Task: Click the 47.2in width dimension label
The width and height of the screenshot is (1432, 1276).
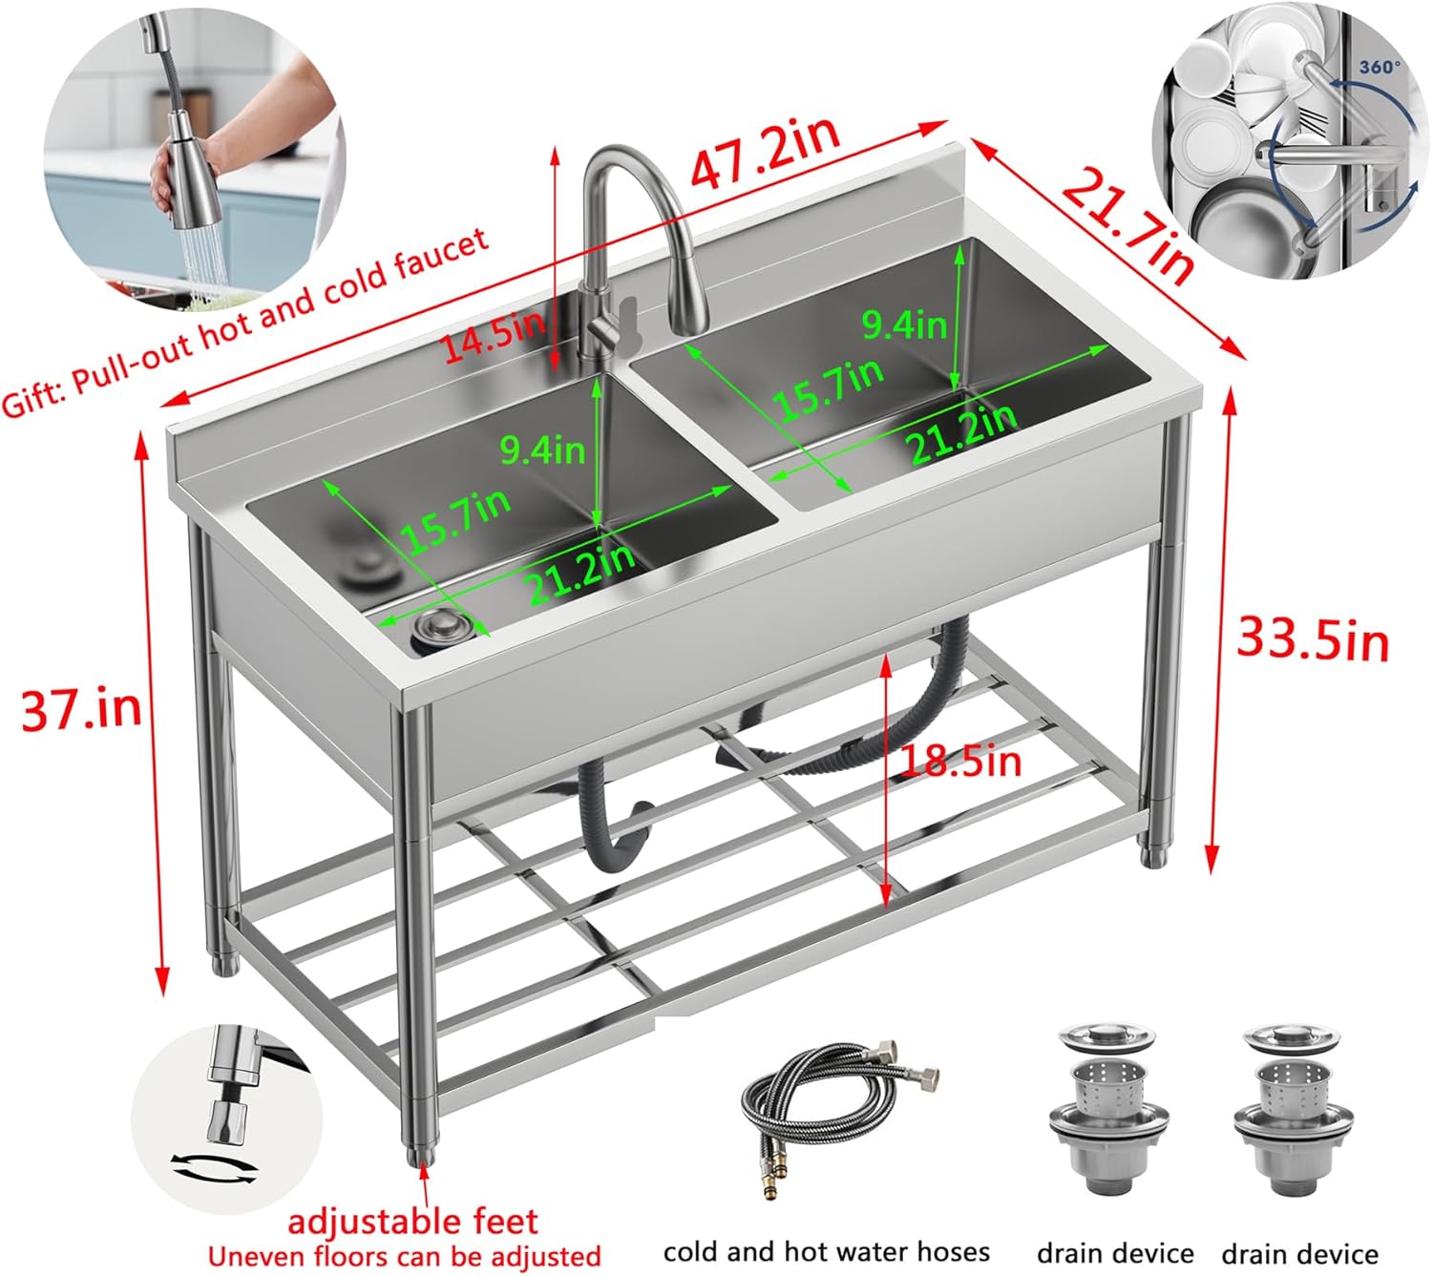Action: [x=765, y=152]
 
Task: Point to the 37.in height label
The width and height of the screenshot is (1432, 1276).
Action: [x=81, y=708]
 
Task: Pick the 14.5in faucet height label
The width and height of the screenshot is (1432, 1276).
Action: [x=493, y=336]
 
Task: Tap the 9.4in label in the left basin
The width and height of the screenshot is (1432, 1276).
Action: [x=542, y=449]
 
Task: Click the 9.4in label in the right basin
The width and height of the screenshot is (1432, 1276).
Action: [x=904, y=325]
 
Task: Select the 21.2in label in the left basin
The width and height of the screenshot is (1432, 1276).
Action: [x=581, y=574]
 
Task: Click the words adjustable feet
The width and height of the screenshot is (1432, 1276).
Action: [x=412, y=1221]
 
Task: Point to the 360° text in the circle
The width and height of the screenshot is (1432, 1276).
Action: [x=1379, y=67]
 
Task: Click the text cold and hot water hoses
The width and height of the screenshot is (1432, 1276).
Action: [x=826, y=1251]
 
